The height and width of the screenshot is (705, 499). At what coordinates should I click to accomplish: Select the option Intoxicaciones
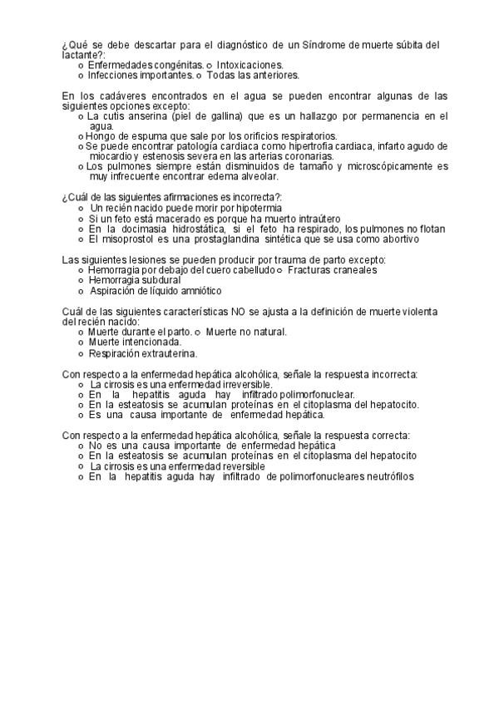250,64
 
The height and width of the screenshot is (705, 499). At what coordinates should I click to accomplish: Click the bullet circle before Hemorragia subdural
80,281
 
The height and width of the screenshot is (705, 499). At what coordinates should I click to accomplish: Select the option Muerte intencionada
135,343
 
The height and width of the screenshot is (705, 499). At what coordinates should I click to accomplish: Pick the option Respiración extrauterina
137,352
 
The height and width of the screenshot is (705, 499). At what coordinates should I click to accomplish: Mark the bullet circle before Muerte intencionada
80,343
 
